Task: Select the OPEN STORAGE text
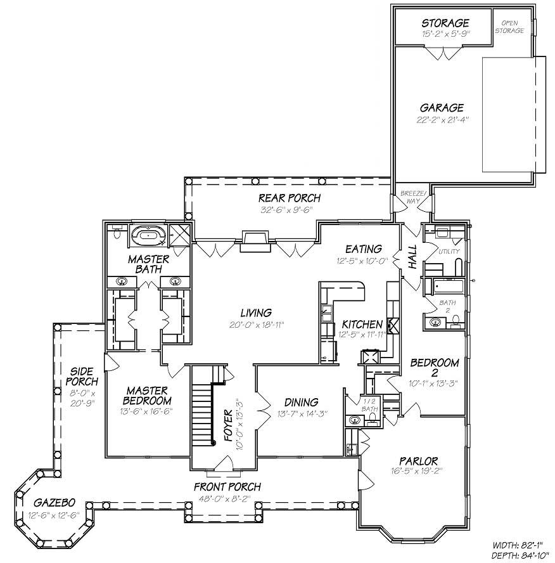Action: pos(513,27)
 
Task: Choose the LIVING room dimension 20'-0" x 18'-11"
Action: pos(256,324)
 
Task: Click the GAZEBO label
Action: pos(48,502)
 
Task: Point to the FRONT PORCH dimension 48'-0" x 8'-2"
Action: pos(228,498)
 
